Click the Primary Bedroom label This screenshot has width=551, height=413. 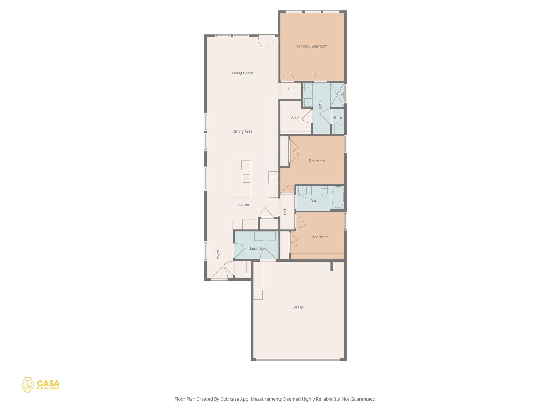click(x=312, y=46)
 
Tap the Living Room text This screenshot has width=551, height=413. click(x=242, y=73)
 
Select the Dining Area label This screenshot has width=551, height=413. click(x=242, y=131)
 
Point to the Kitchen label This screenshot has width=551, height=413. click(x=243, y=204)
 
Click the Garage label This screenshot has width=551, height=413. click(x=297, y=307)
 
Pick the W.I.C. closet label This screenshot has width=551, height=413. click(x=295, y=118)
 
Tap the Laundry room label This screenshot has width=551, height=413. click(x=257, y=248)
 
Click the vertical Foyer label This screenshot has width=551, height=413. click(x=218, y=254)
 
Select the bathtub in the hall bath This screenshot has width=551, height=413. click(x=338, y=197)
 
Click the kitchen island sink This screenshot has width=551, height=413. click(x=246, y=178)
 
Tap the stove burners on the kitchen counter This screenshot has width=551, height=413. click(x=273, y=178)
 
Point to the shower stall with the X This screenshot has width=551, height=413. click(x=337, y=95)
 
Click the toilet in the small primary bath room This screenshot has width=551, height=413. click(x=337, y=128)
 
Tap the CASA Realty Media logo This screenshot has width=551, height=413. click(x=40, y=385)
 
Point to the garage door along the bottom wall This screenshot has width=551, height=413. click(x=298, y=359)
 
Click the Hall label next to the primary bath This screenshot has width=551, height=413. click(x=291, y=89)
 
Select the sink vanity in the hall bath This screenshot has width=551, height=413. click(x=304, y=190)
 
